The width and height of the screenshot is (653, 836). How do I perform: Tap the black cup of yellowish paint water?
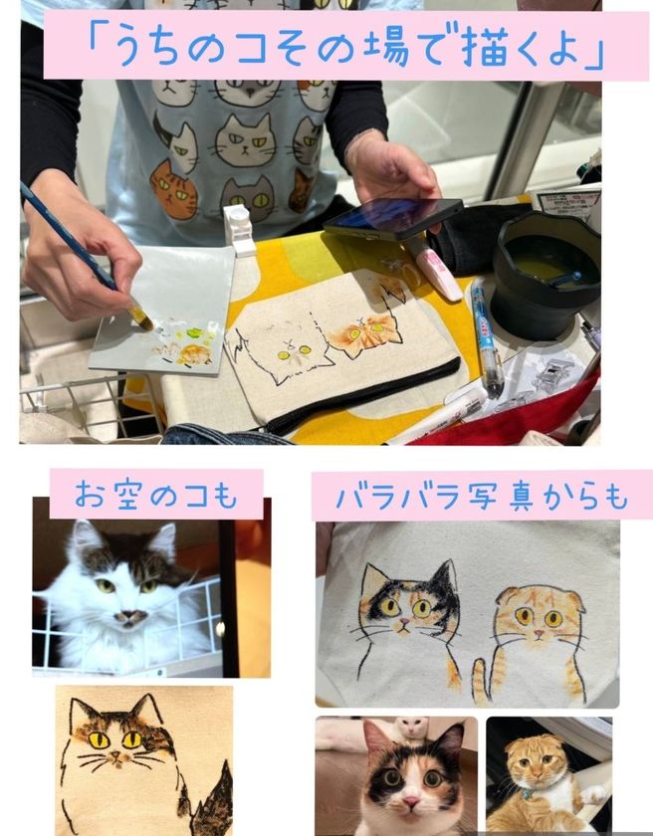click(x=544, y=273)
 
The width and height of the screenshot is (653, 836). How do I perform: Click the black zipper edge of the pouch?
click(x=362, y=394)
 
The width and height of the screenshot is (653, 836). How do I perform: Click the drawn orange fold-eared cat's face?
click(x=540, y=614)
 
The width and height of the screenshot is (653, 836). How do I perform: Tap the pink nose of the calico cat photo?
click(x=411, y=802)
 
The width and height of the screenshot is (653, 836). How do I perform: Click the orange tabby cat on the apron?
click(x=173, y=190)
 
